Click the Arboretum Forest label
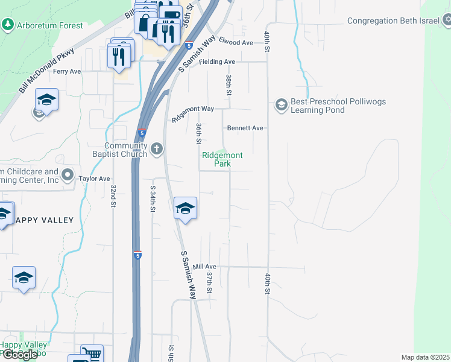[x=50, y=25]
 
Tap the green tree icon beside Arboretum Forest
[x=8, y=25]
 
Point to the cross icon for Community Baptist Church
[x=157, y=148]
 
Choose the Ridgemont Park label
[x=222, y=159]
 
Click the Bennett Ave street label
[x=245, y=128]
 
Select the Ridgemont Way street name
[x=193, y=113]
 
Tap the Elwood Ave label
[x=236, y=43]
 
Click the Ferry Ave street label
[x=66, y=71]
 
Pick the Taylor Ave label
[x=95, y=179]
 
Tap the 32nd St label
[x=113, y=197]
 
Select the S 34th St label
[x=153, y=198]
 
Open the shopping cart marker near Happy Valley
[x=91, y=354]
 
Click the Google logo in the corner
[x=20, y=355]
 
